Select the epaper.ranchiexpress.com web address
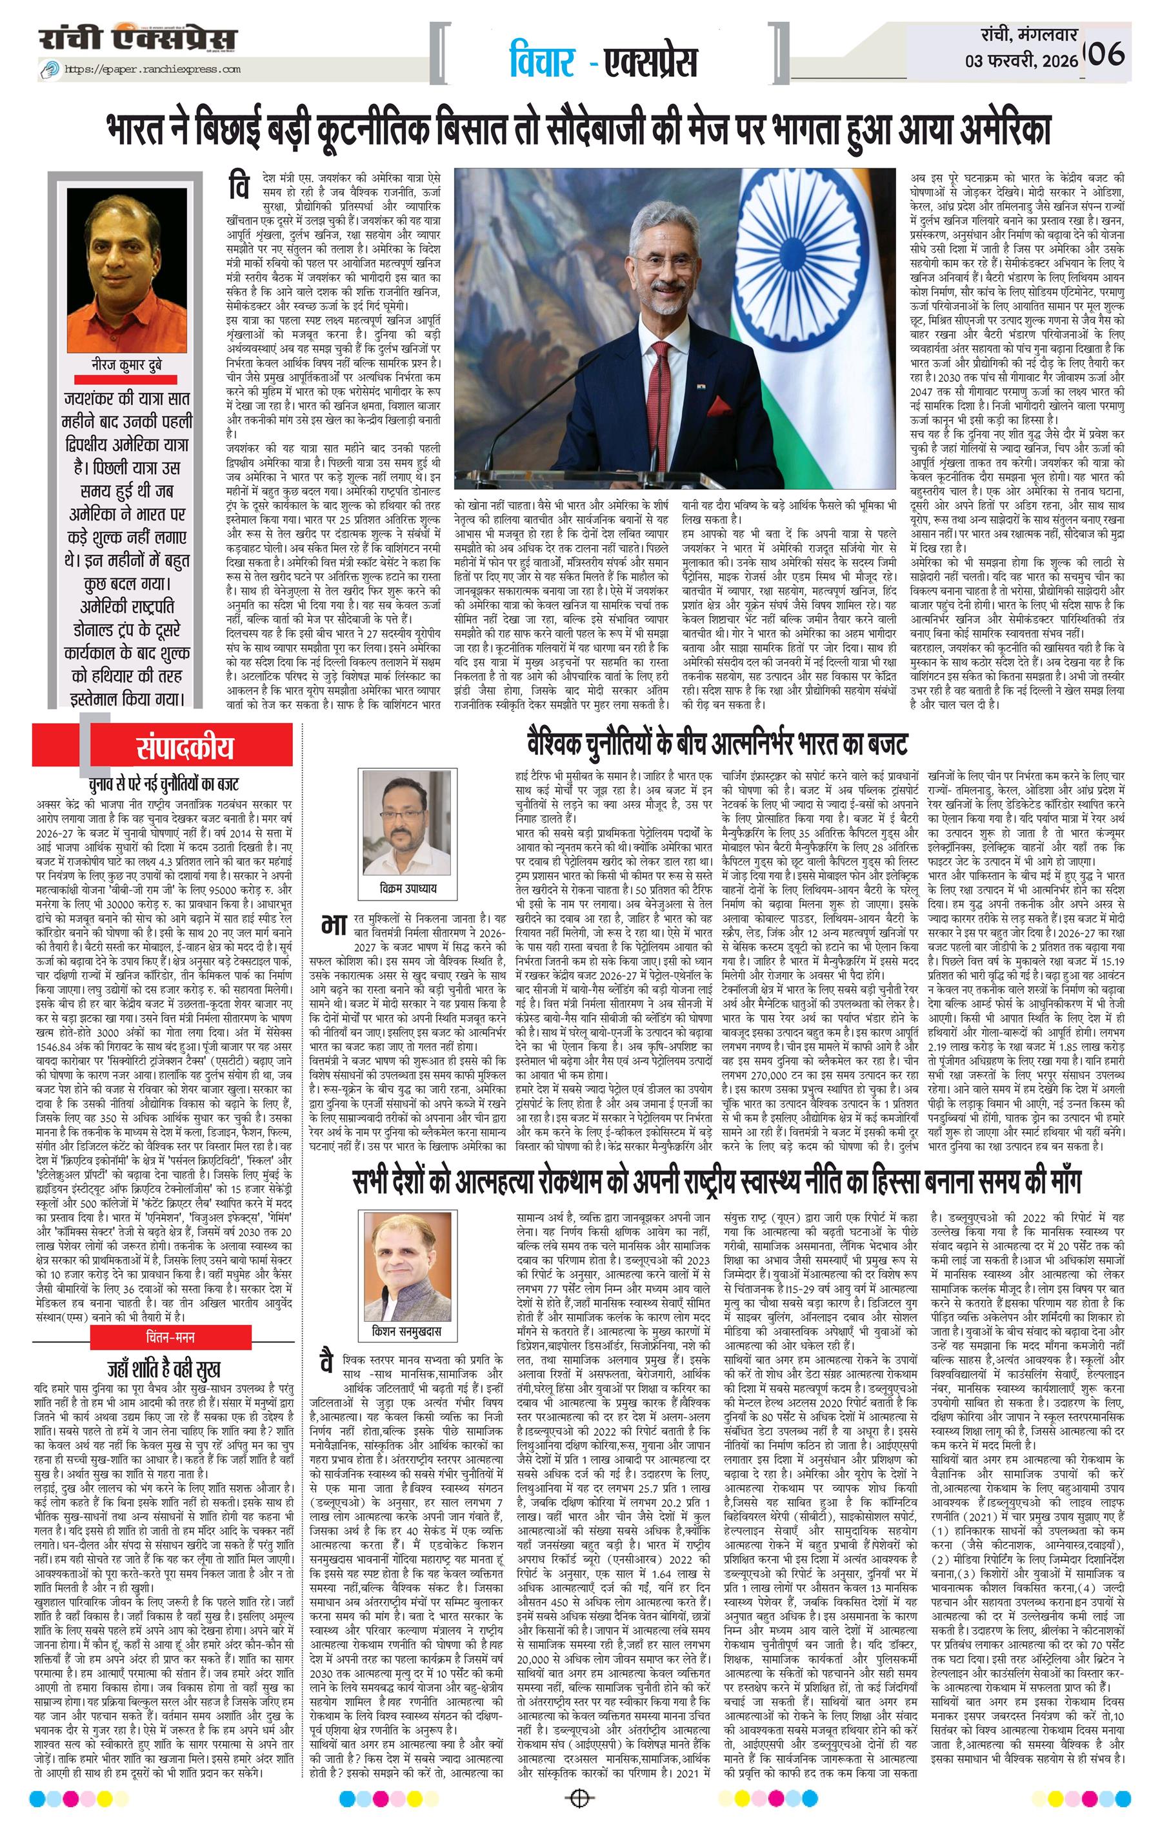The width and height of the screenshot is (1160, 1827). [152, 69]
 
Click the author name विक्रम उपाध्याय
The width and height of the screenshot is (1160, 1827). [410, 887]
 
